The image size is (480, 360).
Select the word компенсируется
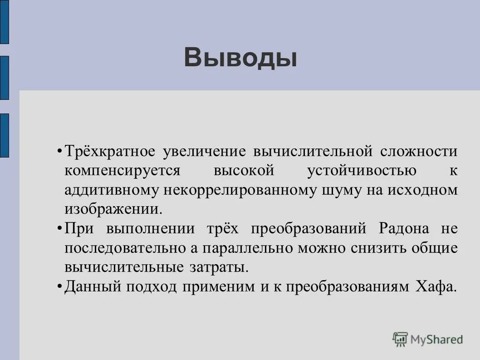[x=122, y=171]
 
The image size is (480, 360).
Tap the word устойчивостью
[x=362, y=171]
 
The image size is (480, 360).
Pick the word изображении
[x=113, y=209]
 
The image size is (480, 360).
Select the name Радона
[x=403, y=228]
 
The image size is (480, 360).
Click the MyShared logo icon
[x=400, y=339]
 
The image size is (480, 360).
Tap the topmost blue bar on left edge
[x=4, y=22]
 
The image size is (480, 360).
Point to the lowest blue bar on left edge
[x=4, y=135]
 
